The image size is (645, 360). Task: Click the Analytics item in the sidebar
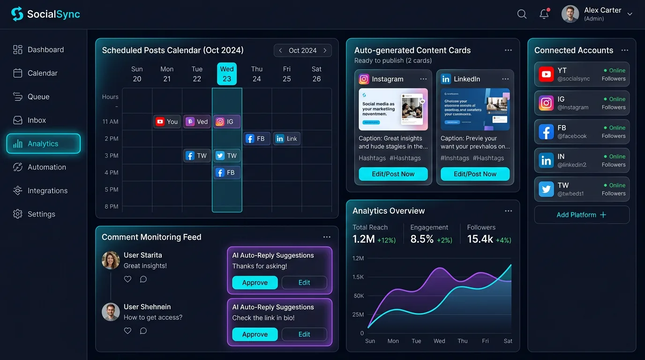pos(43,144)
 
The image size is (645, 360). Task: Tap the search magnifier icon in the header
pos(522,14)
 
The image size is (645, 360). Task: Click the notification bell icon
pos(544,14)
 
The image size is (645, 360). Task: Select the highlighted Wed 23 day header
pos(227,74)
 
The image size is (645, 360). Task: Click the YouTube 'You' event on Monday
pos(167,122)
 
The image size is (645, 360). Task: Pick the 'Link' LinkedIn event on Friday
pos(287,139)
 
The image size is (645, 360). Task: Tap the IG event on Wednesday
pos(227,122)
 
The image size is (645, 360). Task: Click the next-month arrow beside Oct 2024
pos(325,51)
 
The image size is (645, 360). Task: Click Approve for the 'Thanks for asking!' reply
pos(255,283)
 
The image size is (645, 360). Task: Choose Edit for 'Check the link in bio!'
pos(304,334)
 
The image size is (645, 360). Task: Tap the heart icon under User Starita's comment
pos(127,279)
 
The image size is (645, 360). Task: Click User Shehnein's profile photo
pos(111,312)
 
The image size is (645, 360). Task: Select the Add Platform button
pos(581,215)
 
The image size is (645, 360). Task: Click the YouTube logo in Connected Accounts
pos(546,75)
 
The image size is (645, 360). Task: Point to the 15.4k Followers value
pos(480,239)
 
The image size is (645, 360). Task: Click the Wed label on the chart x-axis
pos(439,341)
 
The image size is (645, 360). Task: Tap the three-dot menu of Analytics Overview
pos(508,211)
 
